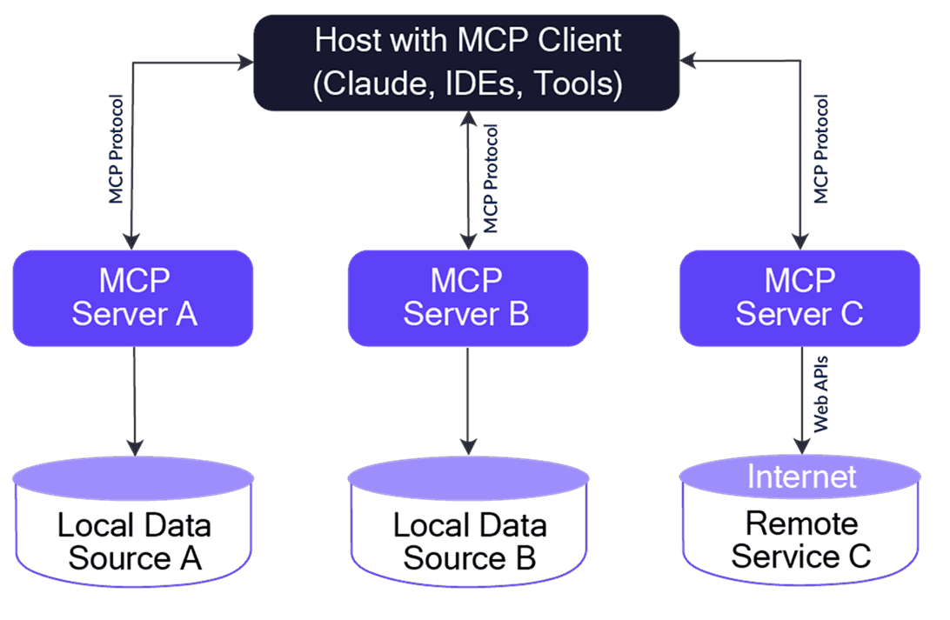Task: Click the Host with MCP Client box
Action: pyautogui.click(x=466, y=62)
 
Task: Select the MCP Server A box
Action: pyautogui.click(x=133, y=298)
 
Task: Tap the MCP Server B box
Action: pyautogui.click(x=468, y=298)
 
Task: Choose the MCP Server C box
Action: pyautogui.click(x=799, y=298)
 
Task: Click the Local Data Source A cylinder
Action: pyautogui.click(x=133, y=530)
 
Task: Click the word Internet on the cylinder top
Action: pyautogui.click(x=801, y=477)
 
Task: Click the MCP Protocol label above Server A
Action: pyautogui.click(x=116, y=150)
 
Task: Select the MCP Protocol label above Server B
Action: pyautogui.click(x=491, y=177)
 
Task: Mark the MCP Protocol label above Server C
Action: pyautogui.click(x=820, y=150)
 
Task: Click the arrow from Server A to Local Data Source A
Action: pyautogui.click(x=133, y=400)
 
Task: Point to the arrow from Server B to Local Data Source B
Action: pyautogui.click(x=468, y=400)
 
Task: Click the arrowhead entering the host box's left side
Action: pyautogui.click(x=244, y=62)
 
